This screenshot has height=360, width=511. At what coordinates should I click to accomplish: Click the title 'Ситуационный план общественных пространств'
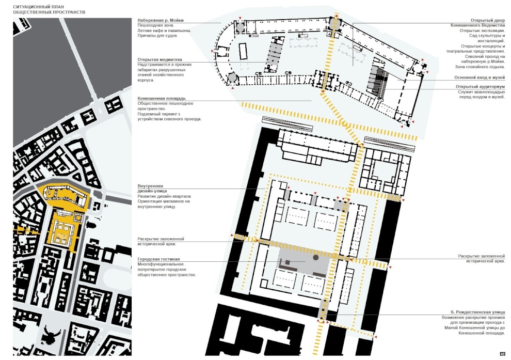tap(49, 9)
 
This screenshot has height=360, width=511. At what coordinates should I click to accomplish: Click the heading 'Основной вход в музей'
tap(480, 77)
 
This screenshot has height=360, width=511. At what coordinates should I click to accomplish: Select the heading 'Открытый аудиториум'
tap(481, 87)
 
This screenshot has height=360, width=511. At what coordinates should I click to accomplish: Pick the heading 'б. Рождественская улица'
tap(478, 312)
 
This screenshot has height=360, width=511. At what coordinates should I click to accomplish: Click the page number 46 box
tap(502, 354)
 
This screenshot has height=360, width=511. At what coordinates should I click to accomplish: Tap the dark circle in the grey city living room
tap(315, 258)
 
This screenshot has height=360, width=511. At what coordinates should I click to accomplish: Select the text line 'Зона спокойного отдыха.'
tap(480, 67)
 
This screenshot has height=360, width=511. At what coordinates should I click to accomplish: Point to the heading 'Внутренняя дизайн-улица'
tap(152, 189)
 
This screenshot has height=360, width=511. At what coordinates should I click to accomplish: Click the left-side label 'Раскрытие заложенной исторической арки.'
tap(161, 242)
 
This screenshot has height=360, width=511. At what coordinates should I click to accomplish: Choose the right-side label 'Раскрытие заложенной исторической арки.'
tap(482, 259)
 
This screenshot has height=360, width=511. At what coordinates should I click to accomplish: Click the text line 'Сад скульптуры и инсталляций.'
tap(487, 38)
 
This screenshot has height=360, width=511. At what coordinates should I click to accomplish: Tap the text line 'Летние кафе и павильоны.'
tap(164, 30)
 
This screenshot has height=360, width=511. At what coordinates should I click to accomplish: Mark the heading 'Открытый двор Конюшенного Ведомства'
tap(478, 23)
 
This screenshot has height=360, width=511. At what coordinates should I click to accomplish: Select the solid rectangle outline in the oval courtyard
tap(244, 52)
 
